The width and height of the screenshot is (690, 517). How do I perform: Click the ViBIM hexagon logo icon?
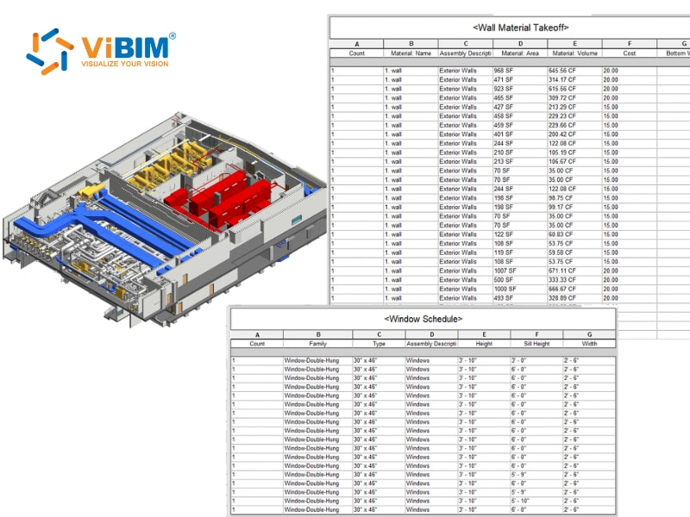pyautogui.click(x=50, y=51)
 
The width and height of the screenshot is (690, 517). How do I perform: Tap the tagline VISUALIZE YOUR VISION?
pyautogui.click(x=125, y=63)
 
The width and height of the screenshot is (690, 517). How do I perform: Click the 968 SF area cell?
pyautogui.click(x=505, y=70)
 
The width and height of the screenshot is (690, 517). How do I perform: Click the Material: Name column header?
pyautogui.click(x=411, y=53)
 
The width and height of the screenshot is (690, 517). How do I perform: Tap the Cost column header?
pyautogui.click(x=629, y=53)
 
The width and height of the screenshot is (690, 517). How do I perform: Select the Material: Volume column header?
pyautogui.click(x=574, y=53)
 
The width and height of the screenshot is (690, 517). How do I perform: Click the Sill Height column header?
pyautogui.click(x=536, y=343)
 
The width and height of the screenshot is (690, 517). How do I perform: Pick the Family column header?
pyautogui.click(x=317, y=343)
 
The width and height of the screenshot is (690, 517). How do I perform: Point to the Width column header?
pyautogui.click(x=588, y=343)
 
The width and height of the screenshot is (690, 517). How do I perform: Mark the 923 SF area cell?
pyautogui.click(x=505, y=89)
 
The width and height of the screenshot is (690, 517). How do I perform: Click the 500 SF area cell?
pyautogui.click(x=505, y=280)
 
